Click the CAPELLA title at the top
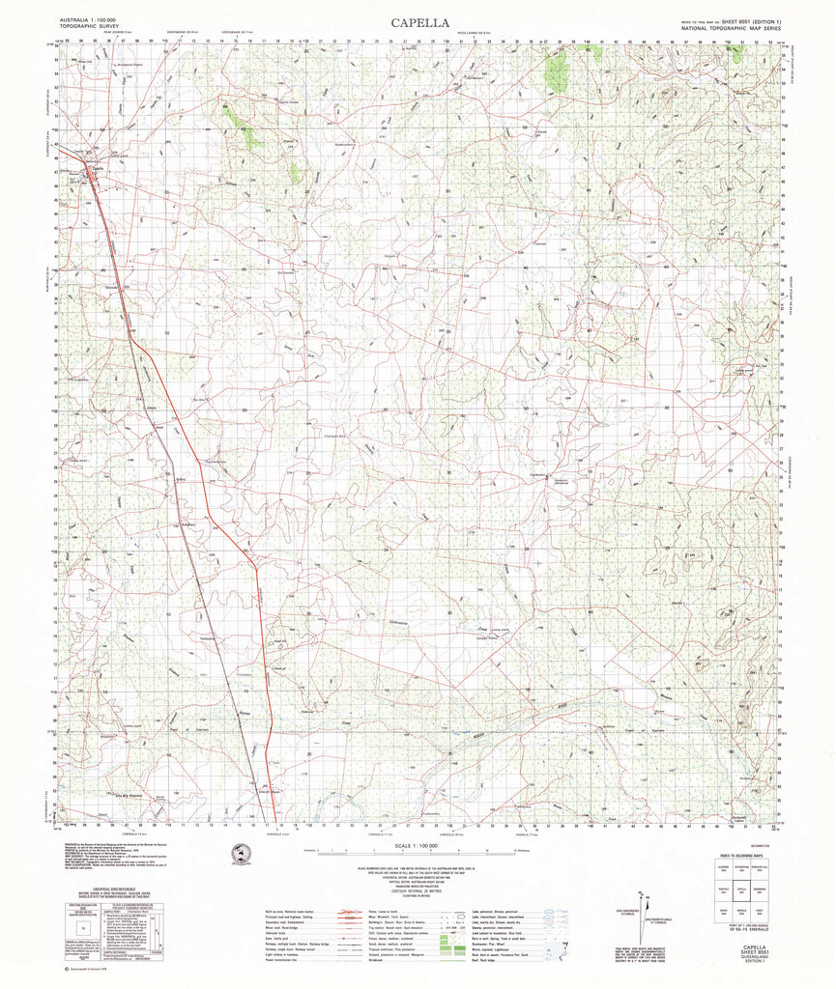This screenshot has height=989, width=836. pyautogui.click(x=418, y=22)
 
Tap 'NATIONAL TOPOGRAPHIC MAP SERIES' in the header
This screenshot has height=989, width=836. pyautogui.click(x=735, y=30)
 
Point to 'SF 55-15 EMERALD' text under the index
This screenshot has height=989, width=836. pyautogui.click(x=743, y=929)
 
